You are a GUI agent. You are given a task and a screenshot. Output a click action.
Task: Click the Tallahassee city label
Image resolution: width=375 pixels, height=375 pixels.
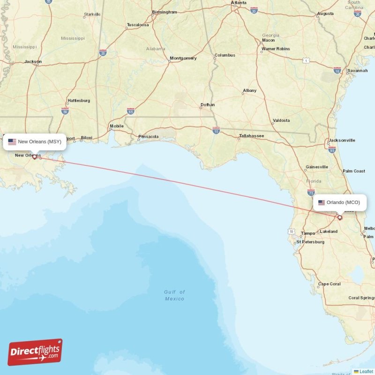tap(251, 136)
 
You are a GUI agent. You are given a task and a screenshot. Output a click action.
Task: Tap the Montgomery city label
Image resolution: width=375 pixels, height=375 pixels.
tap(183, 58)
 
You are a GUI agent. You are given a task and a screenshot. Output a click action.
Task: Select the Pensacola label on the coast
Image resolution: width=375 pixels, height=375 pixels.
tap(148, 137)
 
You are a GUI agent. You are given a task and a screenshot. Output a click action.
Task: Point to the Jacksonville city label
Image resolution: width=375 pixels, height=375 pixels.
tap(342, 140)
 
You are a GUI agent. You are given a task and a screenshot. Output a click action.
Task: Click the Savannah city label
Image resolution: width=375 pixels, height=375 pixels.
tap(357, 71)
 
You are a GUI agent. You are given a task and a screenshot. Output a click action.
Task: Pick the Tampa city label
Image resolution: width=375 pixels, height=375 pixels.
tap(308, 233)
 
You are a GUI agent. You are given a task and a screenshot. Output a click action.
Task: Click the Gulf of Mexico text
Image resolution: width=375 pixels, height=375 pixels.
tap(174, 295)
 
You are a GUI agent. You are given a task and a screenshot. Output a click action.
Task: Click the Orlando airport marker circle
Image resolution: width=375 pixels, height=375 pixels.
tap(340, 217)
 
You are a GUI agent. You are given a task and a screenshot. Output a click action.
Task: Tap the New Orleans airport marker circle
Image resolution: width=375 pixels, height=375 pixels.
tap(34, 157)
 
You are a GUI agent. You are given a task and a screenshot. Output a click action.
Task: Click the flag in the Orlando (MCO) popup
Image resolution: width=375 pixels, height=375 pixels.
tap(322, 202)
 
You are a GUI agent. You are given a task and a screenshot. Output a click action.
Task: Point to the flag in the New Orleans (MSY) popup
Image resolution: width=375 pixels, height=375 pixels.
tap(12, 142)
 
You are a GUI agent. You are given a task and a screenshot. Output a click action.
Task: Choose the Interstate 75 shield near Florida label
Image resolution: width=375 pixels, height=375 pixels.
tap(311, 192)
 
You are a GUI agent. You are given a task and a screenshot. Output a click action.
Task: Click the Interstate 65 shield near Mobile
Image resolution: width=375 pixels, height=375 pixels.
tap(131, 111)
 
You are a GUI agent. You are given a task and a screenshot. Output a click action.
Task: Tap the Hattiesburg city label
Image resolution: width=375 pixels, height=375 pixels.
tap(79, 100)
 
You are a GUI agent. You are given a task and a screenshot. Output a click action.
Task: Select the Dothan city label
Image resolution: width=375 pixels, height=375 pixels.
tap(208, 105)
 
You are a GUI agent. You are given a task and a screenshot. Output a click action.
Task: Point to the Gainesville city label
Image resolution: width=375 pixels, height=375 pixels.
tap(317, 167)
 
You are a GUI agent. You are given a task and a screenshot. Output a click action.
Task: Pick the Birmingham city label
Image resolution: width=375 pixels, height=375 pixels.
tap(165, 12)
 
